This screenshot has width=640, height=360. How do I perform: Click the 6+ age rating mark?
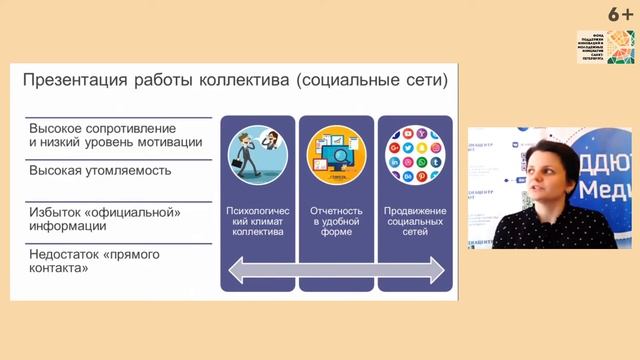coord(621,13)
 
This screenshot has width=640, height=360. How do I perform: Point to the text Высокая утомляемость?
coord(100,170)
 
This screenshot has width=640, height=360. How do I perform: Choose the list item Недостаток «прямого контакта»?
coord(95,261)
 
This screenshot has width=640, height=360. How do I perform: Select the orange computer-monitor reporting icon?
coord(336,157)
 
